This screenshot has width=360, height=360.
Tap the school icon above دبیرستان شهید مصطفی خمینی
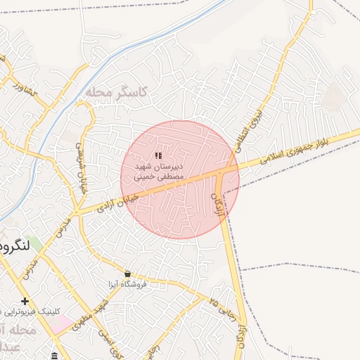[x=158, y=155]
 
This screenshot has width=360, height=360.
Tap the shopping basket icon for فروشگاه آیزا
[x=127, y=274]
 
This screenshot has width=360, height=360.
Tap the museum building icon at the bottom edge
[x=55, y=356]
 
